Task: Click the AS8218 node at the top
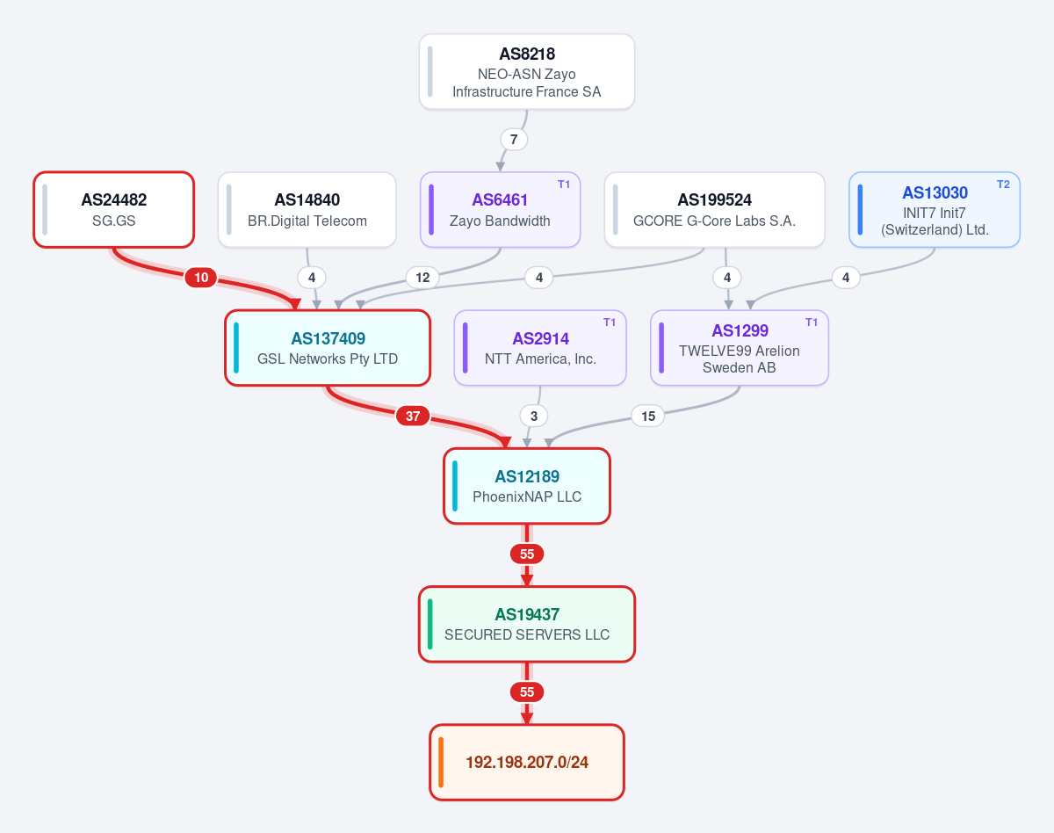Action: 526,71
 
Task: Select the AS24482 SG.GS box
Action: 113,210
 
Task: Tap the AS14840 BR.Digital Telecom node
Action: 307,210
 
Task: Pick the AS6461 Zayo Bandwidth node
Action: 500,210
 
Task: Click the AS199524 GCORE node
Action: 715,210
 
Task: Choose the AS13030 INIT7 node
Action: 935,210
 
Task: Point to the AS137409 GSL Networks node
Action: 328,348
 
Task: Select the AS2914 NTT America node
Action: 540,348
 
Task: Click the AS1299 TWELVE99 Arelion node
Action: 740,348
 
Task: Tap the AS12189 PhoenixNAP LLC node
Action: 527,486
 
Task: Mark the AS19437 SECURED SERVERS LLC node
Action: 527,624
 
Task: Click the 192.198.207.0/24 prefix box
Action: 527,763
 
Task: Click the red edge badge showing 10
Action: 201,278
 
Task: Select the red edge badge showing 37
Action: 413,416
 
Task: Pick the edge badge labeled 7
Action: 514,140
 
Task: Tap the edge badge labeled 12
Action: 422,278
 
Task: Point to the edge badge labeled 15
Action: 648,416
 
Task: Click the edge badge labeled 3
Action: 534,416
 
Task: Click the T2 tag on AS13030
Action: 1003,185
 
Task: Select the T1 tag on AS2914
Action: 610,322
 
